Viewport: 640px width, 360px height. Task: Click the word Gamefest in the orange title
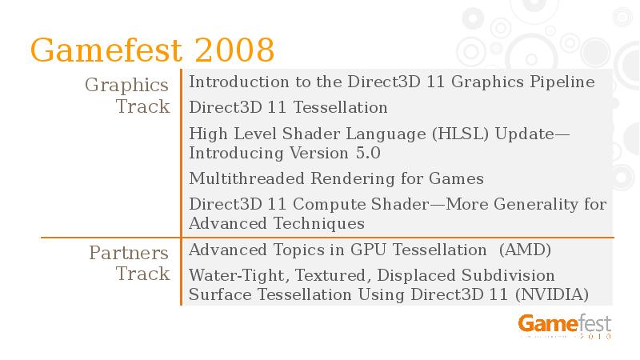107,50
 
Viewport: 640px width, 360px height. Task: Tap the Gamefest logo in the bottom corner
565,325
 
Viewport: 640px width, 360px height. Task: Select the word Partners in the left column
129,253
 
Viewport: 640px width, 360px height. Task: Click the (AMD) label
525,250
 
